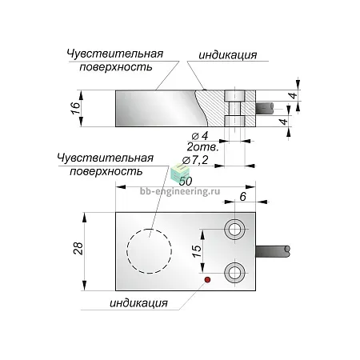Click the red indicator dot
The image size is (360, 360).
pos(207,280)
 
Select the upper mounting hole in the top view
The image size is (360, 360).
pos(234,229)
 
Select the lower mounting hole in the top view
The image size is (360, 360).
pos(234,273)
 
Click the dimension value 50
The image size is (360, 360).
pos(186,182)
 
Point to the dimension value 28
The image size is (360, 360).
pos(78,249)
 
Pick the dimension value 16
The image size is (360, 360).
pos(76,108)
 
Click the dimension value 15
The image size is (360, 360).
pos(197,251)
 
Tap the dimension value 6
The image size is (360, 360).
pos(242,197)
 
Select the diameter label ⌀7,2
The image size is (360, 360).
pos(195,160)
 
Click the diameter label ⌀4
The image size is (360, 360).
pos(200,136)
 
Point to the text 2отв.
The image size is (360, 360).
pos(202,147)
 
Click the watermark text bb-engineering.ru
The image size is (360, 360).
pos(180,191)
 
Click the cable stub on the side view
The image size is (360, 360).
pos(265,107)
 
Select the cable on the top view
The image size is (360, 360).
pos(273,251)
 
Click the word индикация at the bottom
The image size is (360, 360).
pos(138,303)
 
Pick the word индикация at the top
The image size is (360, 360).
pos(228,55)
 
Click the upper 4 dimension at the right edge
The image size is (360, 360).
pos(294,95)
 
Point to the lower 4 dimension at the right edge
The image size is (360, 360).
pos(284,122)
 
